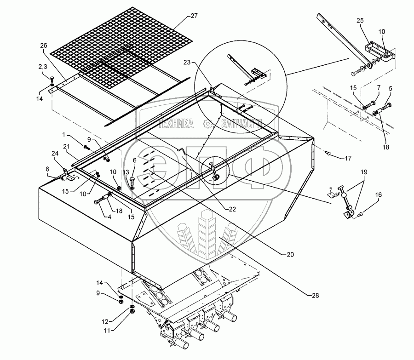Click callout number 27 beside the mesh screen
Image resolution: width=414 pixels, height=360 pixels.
point(194,16)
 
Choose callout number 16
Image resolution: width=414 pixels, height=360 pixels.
point(378,195)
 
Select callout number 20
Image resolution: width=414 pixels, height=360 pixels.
point(289,254)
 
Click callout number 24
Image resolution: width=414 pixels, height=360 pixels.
point(54,153)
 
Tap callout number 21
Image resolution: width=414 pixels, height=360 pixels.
point(66,146)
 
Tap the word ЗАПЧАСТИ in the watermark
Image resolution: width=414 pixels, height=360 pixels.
point(241,123)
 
